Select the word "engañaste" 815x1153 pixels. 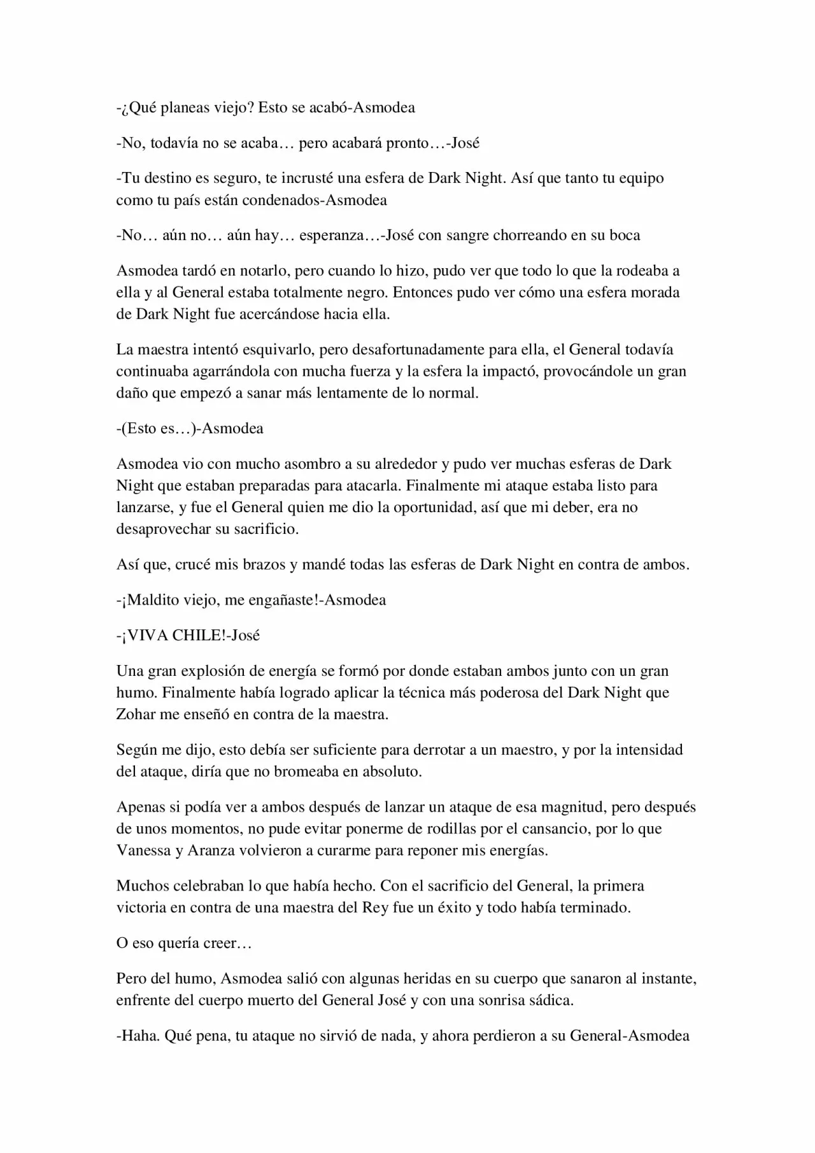(x=281, y=600)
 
